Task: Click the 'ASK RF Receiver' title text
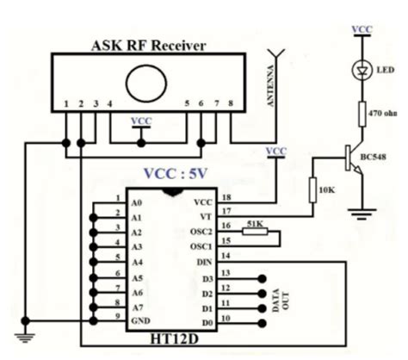pos(149,45)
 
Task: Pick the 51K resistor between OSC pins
pos(256,230)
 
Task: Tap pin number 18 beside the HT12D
pos(226,196)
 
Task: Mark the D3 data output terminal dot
pos(261,278)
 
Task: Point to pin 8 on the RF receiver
pos(230,105)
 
